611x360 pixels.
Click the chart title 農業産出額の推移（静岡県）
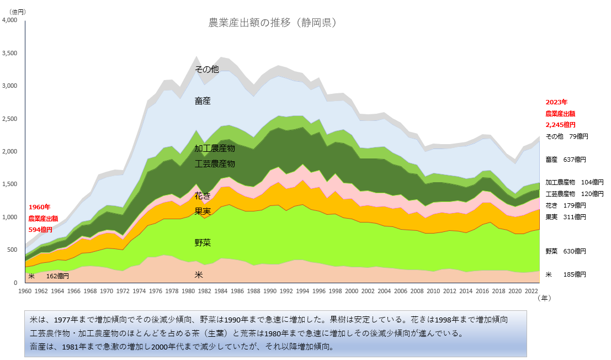point(272,23)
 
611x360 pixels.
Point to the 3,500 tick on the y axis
point(10,54)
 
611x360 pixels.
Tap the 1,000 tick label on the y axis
point(10,218)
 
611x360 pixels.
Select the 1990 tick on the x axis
point(270,290)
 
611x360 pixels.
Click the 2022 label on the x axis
point(532,290)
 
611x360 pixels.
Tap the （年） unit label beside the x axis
point(544,298)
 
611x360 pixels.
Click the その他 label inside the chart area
point(207,70)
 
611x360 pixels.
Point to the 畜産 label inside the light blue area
point(203,101)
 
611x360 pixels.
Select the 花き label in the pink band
point(203,196)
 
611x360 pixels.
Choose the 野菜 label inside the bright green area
point(203,243)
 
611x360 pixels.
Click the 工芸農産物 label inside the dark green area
point(215,164)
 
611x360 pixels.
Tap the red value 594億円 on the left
point(40,229)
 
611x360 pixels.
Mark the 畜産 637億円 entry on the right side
point(566,160)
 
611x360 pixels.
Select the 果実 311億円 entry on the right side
point(566,216)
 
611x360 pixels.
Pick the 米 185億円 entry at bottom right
point(566,274)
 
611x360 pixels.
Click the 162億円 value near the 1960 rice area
point(57,276)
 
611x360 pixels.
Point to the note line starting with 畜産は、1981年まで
point(182,347)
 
